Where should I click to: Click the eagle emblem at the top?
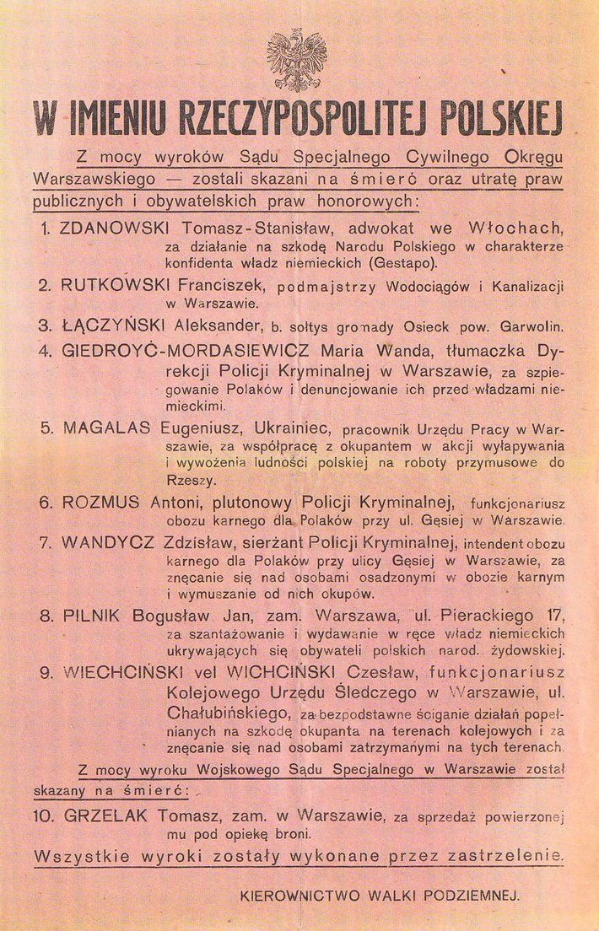[x=296, y=60]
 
